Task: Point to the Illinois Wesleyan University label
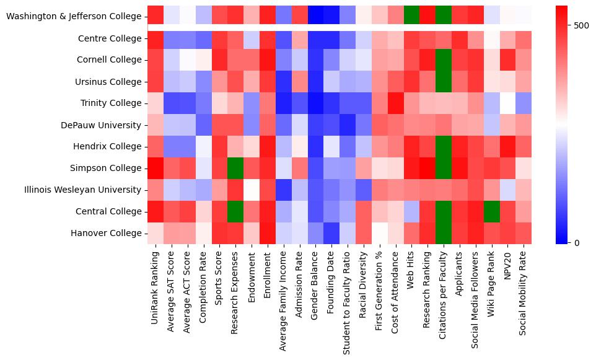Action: point(81,190)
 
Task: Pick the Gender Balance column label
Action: point(316,283)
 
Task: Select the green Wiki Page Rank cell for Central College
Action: point(492,211)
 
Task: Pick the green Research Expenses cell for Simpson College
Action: point(235,169)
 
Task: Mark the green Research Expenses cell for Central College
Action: point(235,211)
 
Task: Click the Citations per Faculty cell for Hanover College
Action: point(444,233)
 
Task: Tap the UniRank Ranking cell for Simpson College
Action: point(156,169)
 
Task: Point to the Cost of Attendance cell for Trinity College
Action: point(396,103)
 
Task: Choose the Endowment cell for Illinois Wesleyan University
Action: point(252,190)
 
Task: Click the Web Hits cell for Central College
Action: point(412,211)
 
